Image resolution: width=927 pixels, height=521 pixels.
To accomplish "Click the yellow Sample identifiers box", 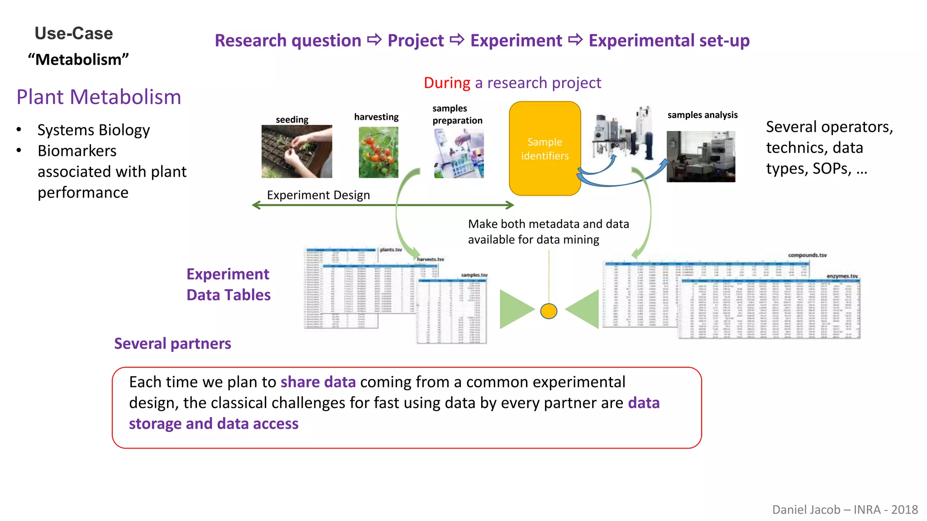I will point(545,148).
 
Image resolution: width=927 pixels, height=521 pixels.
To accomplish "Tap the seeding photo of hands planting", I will point(296,152).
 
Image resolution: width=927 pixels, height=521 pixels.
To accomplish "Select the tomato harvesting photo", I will point(378,152).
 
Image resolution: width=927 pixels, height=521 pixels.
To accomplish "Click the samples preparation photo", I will point(459,153).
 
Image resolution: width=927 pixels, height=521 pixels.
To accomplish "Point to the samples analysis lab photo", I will point(701,156).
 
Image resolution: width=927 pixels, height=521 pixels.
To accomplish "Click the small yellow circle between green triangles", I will point(549,311).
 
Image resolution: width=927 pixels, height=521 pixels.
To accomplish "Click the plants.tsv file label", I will point(391,250).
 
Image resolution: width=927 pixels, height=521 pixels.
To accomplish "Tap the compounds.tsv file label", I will point(807,255).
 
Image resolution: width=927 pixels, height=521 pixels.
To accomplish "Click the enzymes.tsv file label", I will point(842,276).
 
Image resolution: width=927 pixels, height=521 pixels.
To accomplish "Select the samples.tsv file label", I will point(474,275).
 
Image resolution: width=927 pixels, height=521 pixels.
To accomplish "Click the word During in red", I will point(447,83).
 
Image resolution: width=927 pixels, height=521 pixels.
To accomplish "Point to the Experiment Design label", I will point(318,195).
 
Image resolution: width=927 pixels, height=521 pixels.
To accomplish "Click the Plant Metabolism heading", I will point(99,97).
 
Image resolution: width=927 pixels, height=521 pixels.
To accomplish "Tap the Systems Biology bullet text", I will point(93,130).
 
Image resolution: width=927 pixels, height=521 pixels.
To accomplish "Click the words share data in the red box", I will point(318,382).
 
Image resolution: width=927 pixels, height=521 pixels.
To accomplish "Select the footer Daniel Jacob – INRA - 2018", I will point(845,510).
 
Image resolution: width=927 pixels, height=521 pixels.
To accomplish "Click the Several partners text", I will point(172,344).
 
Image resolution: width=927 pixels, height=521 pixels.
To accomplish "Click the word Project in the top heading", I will point(416,41).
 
